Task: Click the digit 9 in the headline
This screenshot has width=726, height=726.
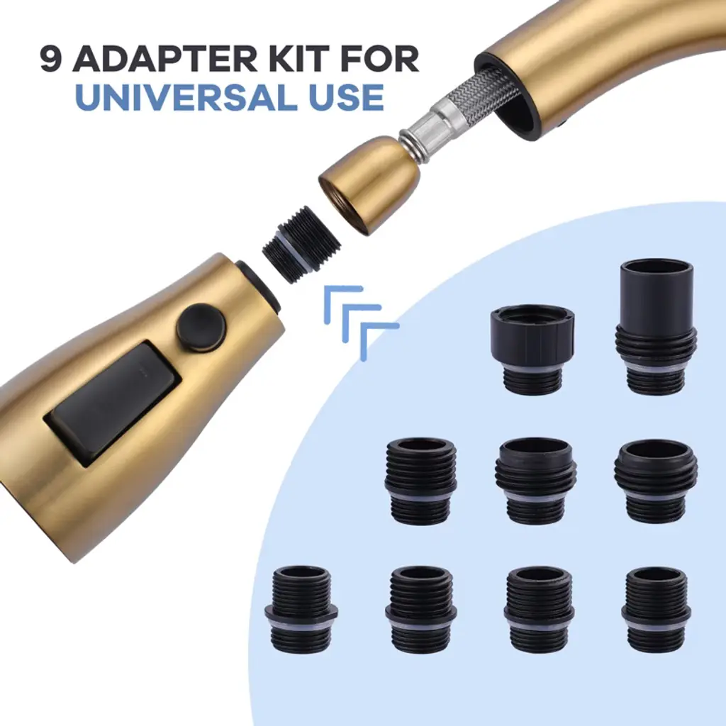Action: pos(51,59)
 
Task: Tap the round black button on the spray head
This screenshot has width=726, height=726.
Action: pos(201,328)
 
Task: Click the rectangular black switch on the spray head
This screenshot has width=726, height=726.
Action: pos(113,403)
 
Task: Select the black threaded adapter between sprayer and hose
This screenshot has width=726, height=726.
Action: pos(301,244)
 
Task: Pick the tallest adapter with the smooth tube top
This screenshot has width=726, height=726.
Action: pos(656,328)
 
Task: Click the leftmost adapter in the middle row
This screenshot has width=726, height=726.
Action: pos(421,481)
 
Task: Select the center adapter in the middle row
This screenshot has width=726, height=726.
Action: pos(537,481)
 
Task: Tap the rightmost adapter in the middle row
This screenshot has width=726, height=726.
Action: pos(654,481)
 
